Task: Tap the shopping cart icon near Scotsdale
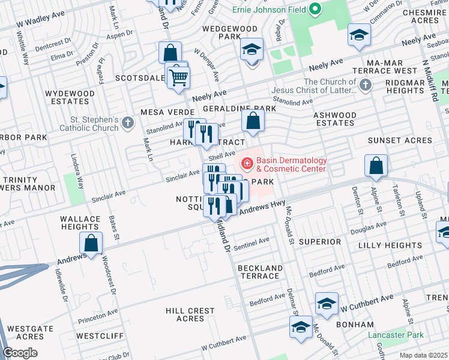pyautogui.click(x=178, y=77)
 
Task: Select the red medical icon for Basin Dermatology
pyautogui.click(x=246, y=162)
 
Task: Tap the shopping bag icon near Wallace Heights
pyautogui.click(x=91, y=244)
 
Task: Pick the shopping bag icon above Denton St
pyautogui.click(x=375, y=166)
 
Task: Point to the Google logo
pyautogui.click(x=20, y=353)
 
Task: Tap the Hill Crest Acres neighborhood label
pyautogui.click(x=190, y=314)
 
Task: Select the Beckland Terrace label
pyautogui.click(x=260, y=272)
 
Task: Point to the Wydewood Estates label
pyautogui.click(x=70, y=98)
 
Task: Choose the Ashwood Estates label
pyautogui.click(x=335, y=119)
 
